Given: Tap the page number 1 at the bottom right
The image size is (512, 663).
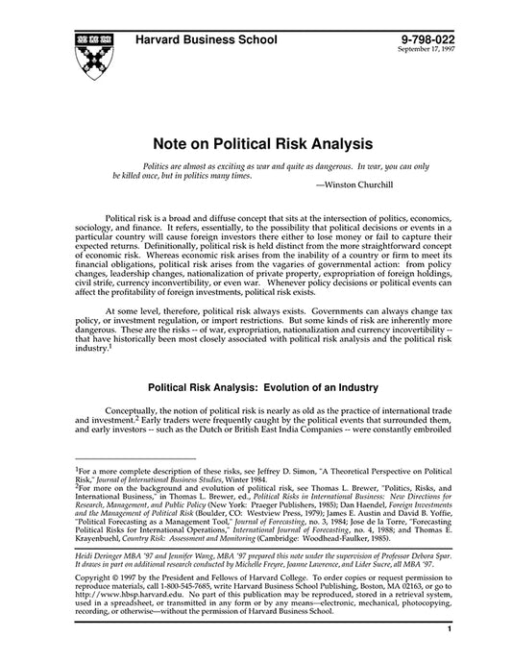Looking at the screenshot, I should tap(450, 656).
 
